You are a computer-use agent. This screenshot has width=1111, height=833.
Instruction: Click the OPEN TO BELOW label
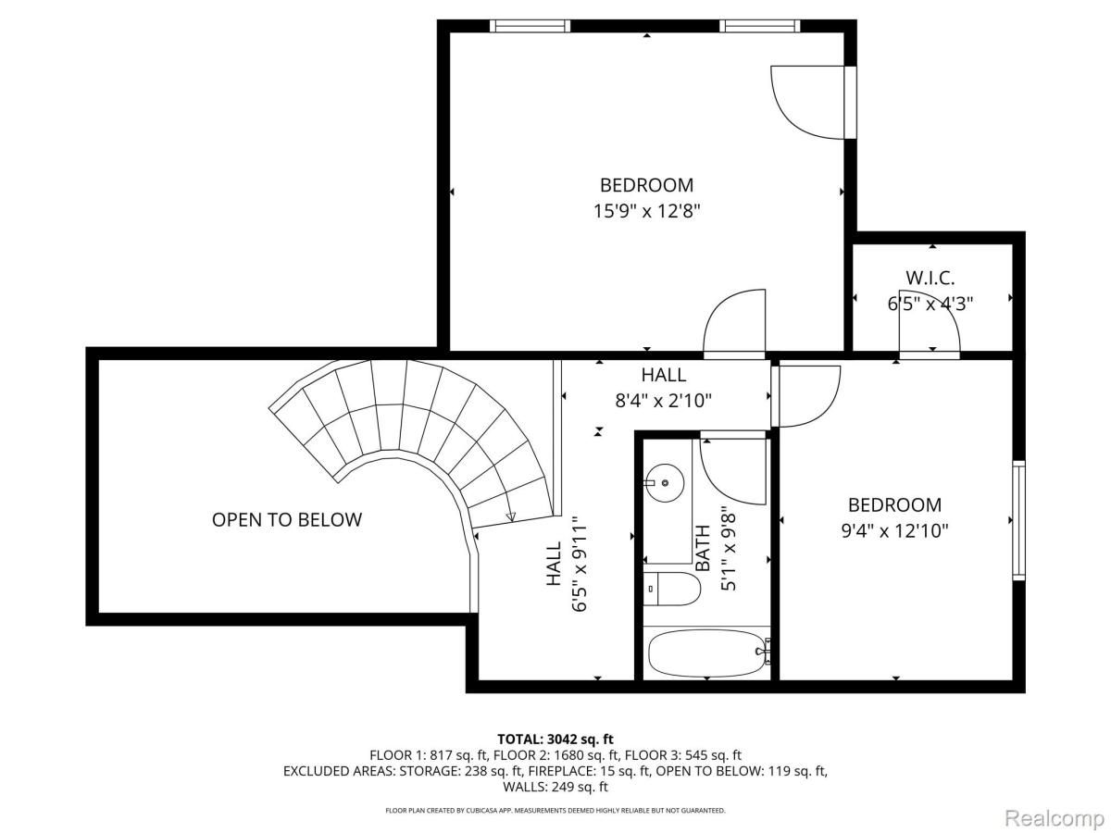point(286,519)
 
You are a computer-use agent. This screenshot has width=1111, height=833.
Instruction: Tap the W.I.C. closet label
point(930,278)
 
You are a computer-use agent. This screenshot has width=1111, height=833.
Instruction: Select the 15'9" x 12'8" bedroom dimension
point(646,211)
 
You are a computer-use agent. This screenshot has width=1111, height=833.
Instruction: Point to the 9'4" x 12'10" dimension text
point(894,531)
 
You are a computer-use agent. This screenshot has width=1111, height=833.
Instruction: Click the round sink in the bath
point(664,483)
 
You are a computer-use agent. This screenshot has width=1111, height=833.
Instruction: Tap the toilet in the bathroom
point(671,589)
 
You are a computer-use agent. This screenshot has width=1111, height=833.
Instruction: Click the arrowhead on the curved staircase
point(510,516)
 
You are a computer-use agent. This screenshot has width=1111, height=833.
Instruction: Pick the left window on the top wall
point(530,26)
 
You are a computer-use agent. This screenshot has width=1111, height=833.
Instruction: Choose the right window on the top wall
point(759,26)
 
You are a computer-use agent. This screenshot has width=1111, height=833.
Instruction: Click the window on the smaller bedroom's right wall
point(1018,520)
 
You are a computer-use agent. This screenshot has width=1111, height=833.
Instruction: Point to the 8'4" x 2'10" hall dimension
point(663,401)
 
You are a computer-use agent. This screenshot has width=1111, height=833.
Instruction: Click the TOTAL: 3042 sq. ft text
point(555,739)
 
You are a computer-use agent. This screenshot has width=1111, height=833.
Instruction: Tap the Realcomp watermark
point(1055,818)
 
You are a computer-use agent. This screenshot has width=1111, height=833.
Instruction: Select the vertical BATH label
point(702,548)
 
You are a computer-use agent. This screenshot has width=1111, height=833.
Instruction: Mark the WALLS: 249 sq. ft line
point(555,787)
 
